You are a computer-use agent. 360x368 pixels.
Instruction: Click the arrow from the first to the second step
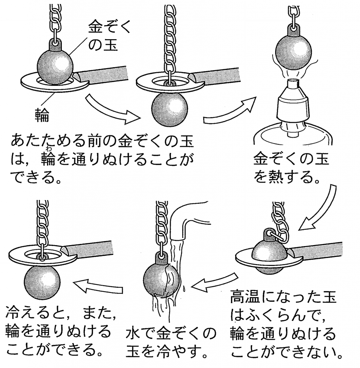(x=112, y=110)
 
